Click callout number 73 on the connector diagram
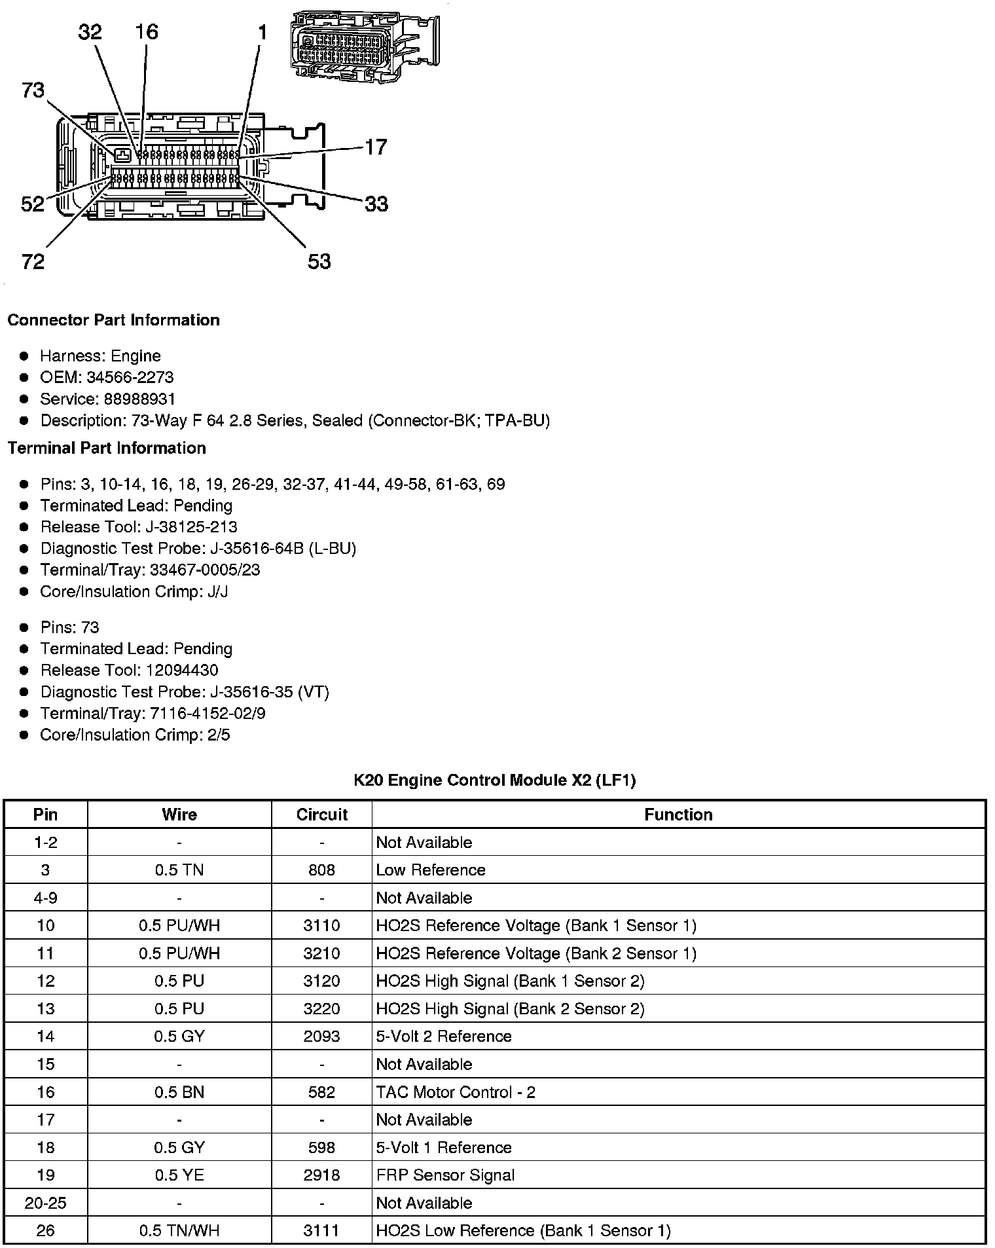pyautogui.click(x=33, y=90)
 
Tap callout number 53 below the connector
pyautogui.click(x=319, y=262)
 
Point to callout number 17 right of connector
pyautogui.click(x=376, y=147)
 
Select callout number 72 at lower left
pyautogui.click(x=33, y=262)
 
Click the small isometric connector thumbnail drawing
pyautogui.click(x=364, y=46)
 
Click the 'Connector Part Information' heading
pyautogui.click(x=113, y=320)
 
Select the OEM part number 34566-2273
pyautogui.click(x=130, y=377)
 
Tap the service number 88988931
pyautogui.click(x=139, y=399)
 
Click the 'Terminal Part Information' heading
pyautogui.click(x=107, y=448)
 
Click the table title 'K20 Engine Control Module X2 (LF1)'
pyautogui.click(x=495, y=780)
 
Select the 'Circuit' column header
pyautogui.click(x=321, y=815)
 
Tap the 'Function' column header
pyautogui.click(x=678, y=815)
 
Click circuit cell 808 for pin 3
pyautogui.click(x=321, y=870)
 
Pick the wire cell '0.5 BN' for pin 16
pyautogui.click(x=179, y=1092)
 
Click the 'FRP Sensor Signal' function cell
pyautogui.click(x=445, y=1175)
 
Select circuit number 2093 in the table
pyautogui.click(x=321, y=1037)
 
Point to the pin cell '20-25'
pyautogui.click(x=45, y=1203)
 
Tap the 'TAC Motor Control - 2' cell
pyautogui.click(x=456, y=1092)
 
